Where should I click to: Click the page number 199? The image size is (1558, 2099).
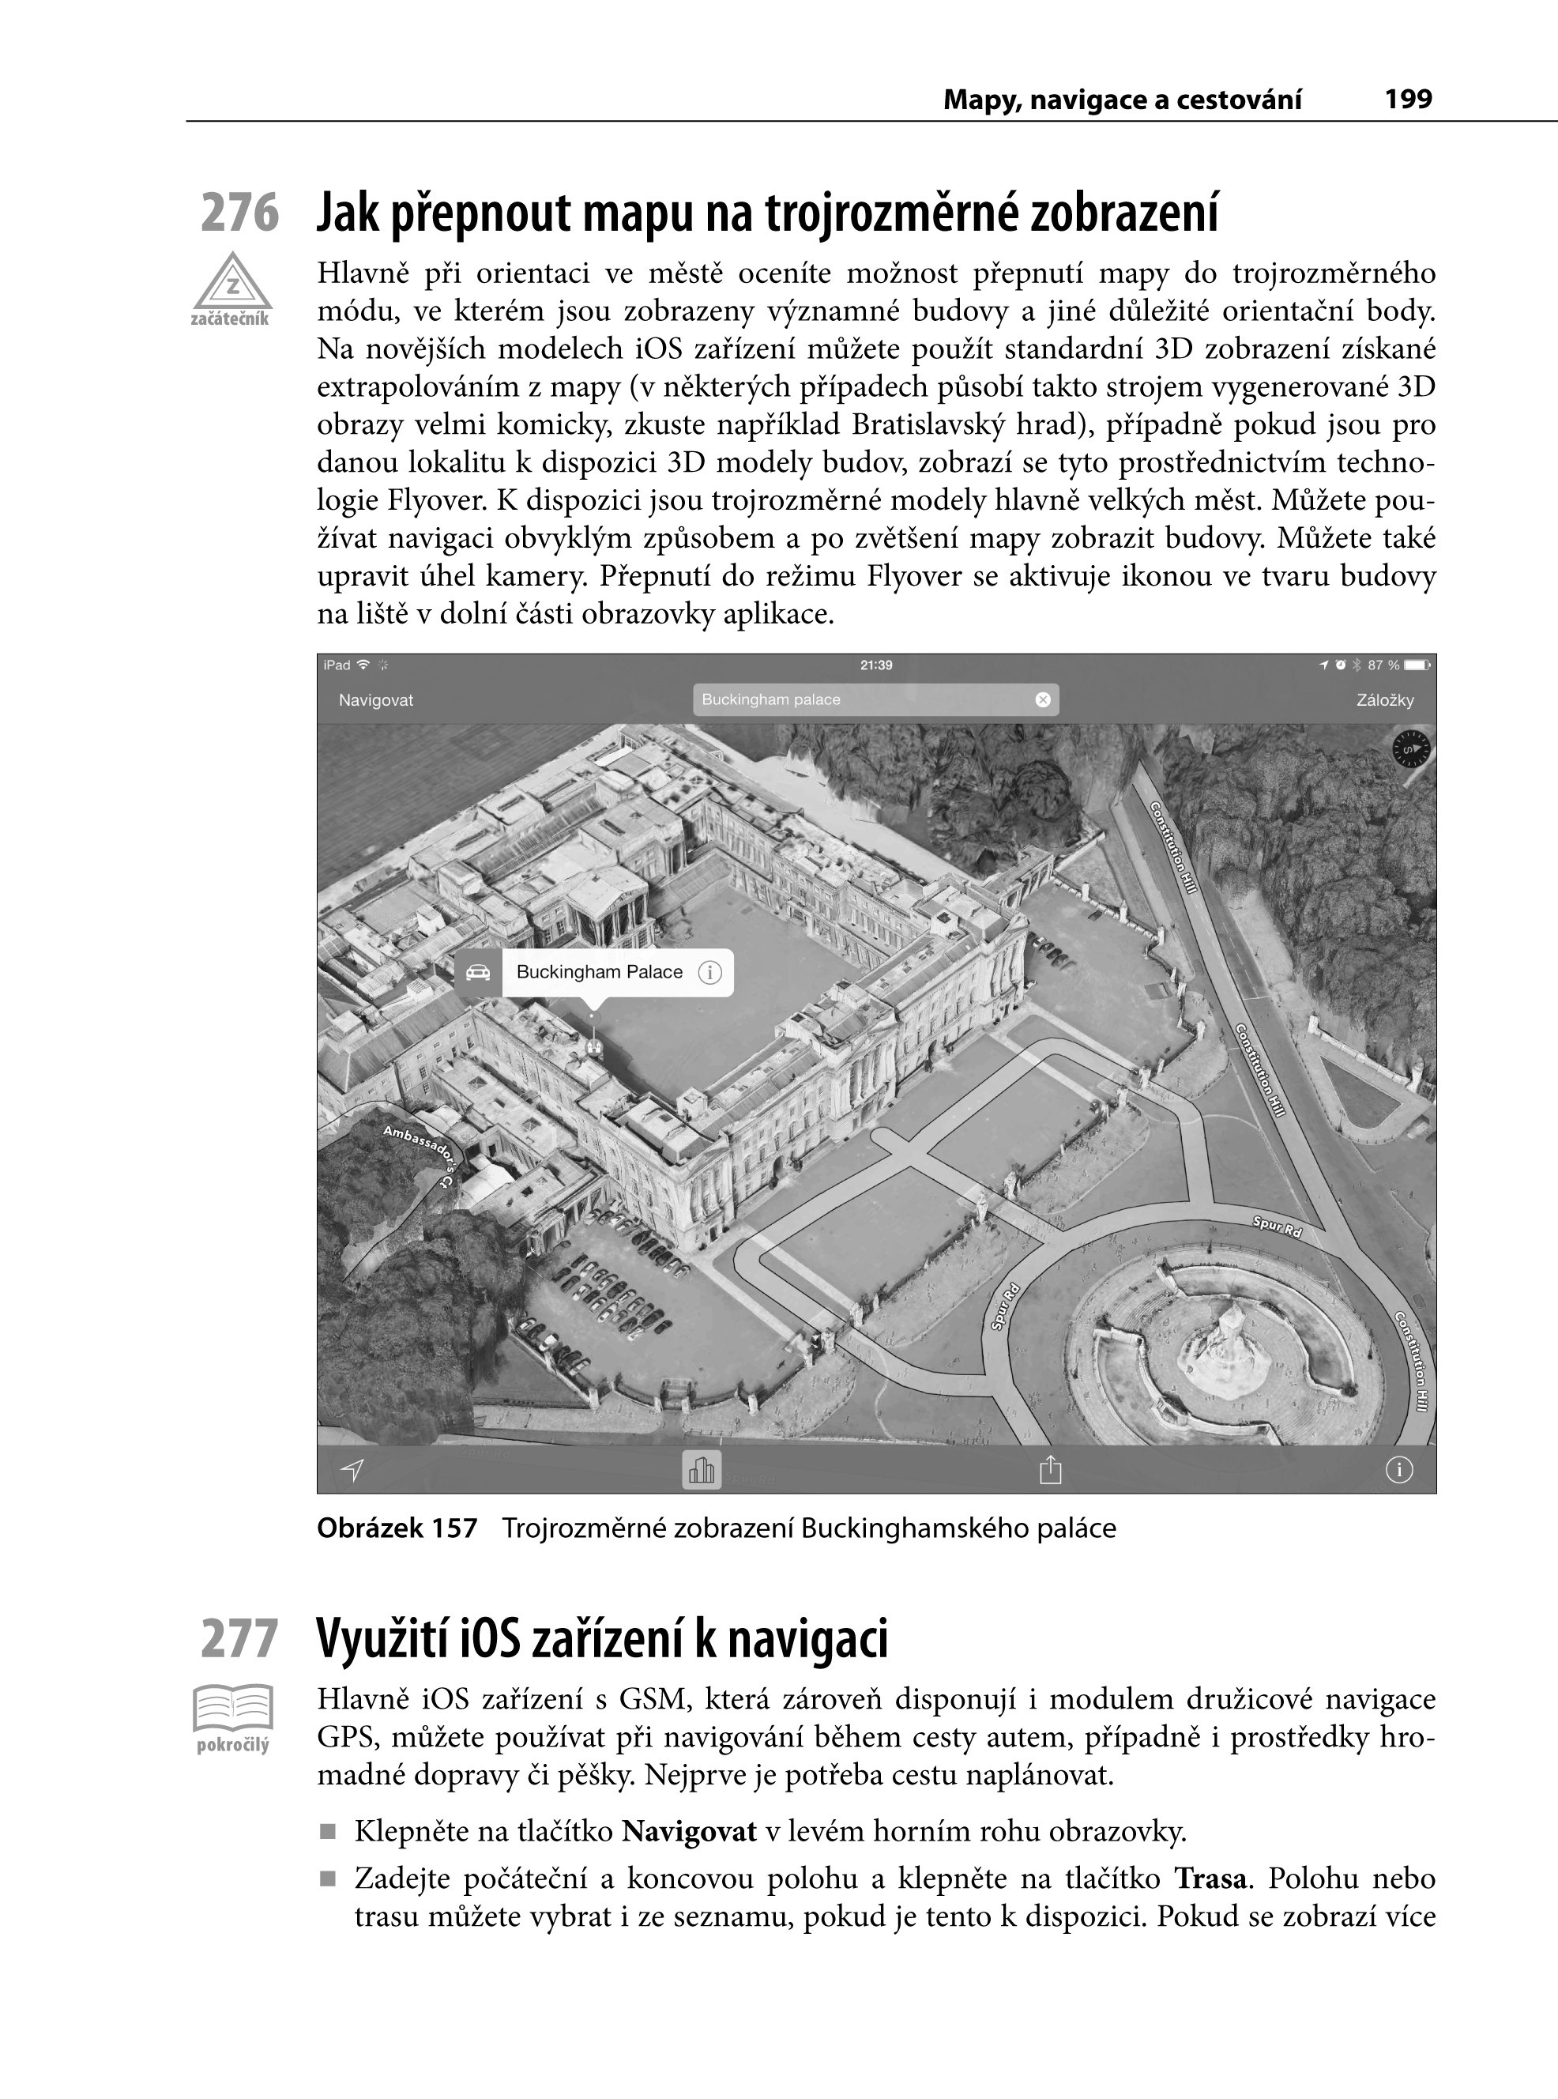(x=1408, y=99)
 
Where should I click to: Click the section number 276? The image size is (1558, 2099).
(x=239, y=213)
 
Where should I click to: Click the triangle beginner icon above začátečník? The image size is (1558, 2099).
(x=232, y=282)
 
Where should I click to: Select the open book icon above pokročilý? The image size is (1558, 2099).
(x=233, y=1708)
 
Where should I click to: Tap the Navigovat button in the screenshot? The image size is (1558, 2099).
(x=375, y=701)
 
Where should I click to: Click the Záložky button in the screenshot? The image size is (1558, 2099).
(x=1384, y=701)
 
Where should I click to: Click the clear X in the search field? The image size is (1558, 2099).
(x=1042, y=700)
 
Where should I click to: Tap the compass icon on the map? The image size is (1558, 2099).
(x=1411, y=750)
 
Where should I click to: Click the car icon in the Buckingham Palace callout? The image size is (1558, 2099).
(x=479, y=973)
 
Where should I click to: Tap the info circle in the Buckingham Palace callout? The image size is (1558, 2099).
(x=709, y=973)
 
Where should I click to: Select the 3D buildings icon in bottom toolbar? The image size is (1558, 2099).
(x=702, y=1470)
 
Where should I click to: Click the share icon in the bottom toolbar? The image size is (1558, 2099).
(x=1050, y=1470)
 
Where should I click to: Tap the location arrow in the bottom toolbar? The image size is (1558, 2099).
(x=352, y=1470)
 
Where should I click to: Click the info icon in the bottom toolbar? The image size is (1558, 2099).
(x=1398, y=1470)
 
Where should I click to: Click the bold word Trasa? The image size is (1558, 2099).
(x=1211, y=1879)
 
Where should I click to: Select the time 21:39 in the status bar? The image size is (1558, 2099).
(x=876, y=666)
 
